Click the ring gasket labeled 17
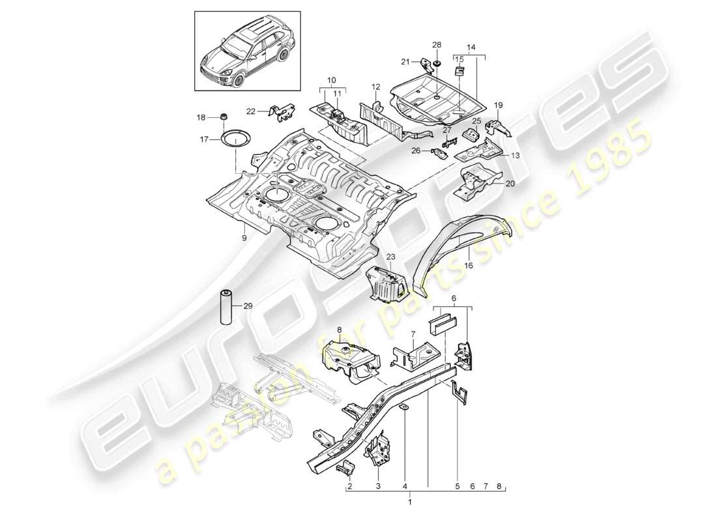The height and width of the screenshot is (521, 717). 231,139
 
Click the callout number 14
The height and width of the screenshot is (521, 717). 472,48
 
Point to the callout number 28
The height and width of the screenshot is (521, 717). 437,44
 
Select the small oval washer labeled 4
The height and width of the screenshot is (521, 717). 402,408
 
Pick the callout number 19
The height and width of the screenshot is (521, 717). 499,105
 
